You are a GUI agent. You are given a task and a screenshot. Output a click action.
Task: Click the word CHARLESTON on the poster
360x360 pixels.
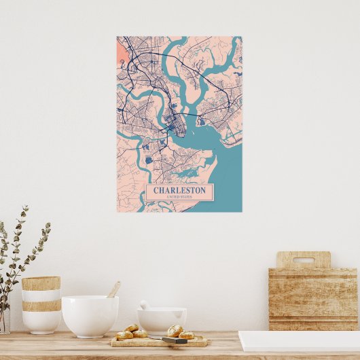(x=179, y=190)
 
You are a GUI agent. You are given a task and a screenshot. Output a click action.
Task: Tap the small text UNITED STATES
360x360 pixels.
(x=179, y=197)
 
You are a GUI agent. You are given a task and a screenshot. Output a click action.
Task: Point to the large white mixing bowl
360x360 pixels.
(x=90, y=315)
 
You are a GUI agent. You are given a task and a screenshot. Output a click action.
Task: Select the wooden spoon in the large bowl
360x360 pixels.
(x=113, y=289)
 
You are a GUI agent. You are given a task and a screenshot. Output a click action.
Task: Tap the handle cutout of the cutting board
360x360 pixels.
(x=304, y=259)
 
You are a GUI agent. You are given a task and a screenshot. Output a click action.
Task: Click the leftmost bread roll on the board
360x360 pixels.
(x=124, y=335)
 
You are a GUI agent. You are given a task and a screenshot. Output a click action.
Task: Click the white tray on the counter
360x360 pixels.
(x=299, y=341)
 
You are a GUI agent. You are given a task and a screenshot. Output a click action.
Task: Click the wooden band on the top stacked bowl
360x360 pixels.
(x=41, y=283)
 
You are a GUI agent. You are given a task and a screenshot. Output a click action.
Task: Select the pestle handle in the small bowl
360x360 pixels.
(x=144, y=305)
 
